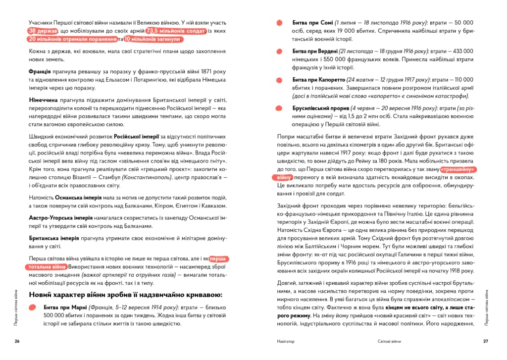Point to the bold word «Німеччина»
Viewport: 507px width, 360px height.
point(46,100)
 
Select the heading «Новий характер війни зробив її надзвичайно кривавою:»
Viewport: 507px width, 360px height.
point(126,295)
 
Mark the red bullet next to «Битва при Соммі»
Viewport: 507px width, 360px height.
point(280,23)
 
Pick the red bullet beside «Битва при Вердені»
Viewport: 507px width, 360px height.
point(280,51)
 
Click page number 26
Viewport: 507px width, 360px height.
point(17,341)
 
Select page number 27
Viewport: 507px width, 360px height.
point(486,341)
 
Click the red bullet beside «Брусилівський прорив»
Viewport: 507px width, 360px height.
point(280,108)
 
